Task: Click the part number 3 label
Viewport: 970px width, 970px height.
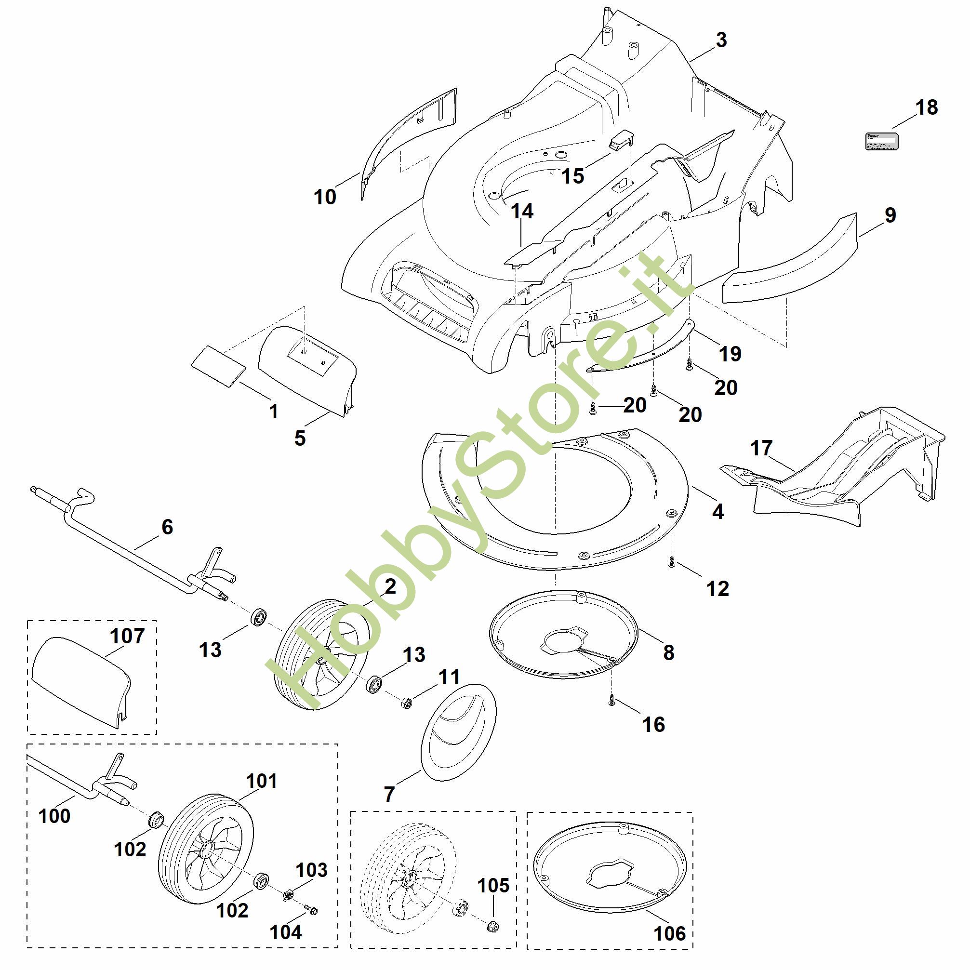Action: pos(721,40)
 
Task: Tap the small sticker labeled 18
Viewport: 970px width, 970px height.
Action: pos(882,142)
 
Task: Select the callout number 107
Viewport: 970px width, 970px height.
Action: pos(128,636)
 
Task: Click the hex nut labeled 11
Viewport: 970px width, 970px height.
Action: pos(407,703)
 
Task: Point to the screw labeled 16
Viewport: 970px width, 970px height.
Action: pos(611,703)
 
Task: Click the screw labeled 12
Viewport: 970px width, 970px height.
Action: pos(672,564)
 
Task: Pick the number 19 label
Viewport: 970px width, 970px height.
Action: pos(730,354)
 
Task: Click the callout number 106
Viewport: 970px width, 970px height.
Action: pos(670,934)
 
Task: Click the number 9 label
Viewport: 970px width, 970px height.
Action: pos(890,215)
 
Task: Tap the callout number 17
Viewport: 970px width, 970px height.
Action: pos(761,448)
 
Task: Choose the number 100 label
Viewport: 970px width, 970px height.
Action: pos(54,816)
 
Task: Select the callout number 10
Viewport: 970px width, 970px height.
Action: pos(325,197)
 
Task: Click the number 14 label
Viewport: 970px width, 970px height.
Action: pos(522,212)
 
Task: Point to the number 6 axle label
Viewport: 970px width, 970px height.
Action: pos(167,527)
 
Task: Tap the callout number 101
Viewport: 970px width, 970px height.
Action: pos(262,781)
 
